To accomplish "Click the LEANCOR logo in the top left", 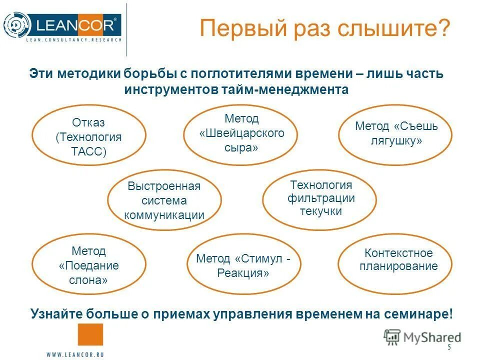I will (62, 25).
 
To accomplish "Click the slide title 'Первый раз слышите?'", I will (325, 28).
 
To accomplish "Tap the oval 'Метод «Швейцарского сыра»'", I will (241, 133).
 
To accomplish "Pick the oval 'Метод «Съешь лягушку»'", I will (395, 133).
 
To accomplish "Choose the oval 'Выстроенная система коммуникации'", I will (164, 200).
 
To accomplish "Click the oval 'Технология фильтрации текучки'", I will (320, 198).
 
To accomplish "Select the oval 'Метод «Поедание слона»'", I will (89, 264).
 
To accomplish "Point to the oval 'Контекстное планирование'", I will (395, 259).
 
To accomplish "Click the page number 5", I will (449, 347).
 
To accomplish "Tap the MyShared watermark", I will (423, 337).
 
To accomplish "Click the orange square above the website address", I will (90, 334).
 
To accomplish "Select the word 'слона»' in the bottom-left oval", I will (88, 279).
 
